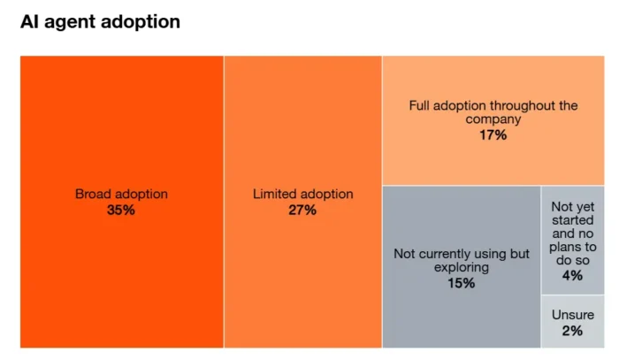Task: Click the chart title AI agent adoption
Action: (x=100, y=22)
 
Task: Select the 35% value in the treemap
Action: (x=121, y=210)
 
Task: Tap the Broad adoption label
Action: (x=121, y=194)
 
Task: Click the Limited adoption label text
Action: (x=302, y=194)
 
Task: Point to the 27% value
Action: (x=302, y=210)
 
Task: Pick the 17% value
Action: (x=493, y=134)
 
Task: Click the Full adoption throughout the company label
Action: (x=493, y=112)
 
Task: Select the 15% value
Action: (x=462, y=283)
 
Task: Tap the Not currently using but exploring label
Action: (x=462, y=261)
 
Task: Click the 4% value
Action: (x=572, y=275)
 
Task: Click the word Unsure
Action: (x=572, y=315)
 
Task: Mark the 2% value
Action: (x=572, y=331)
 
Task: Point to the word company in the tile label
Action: (x=493, y=119)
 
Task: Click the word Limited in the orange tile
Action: (x=276, y=194)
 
